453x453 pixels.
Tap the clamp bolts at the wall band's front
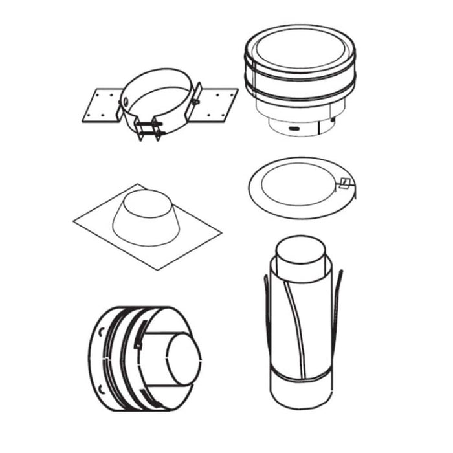(x=150, y=127)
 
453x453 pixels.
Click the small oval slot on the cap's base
(x=295, y=129)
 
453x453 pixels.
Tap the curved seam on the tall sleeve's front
(x=295, y=324)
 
